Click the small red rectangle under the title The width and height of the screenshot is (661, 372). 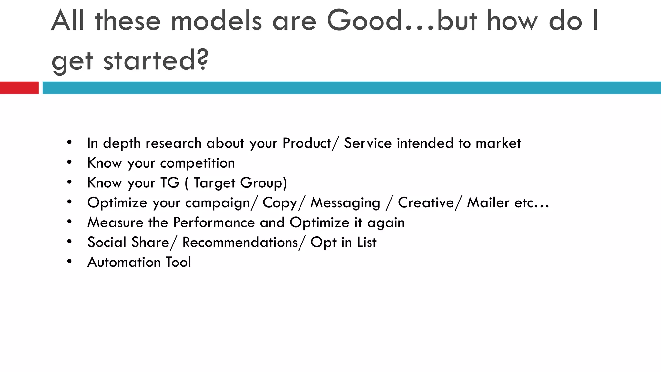19,88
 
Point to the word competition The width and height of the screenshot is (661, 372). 197,163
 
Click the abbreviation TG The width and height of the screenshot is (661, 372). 169,183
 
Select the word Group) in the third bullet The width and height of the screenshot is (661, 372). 263,183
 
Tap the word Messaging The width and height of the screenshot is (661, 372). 345,203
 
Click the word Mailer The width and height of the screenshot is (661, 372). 488,203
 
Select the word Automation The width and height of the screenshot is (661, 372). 124,262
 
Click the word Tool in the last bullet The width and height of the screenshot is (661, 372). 178,262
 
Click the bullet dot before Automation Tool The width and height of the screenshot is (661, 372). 69,261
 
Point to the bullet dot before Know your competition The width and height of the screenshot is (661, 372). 69,162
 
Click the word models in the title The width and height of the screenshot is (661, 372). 216,21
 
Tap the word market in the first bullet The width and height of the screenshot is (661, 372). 498,143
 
